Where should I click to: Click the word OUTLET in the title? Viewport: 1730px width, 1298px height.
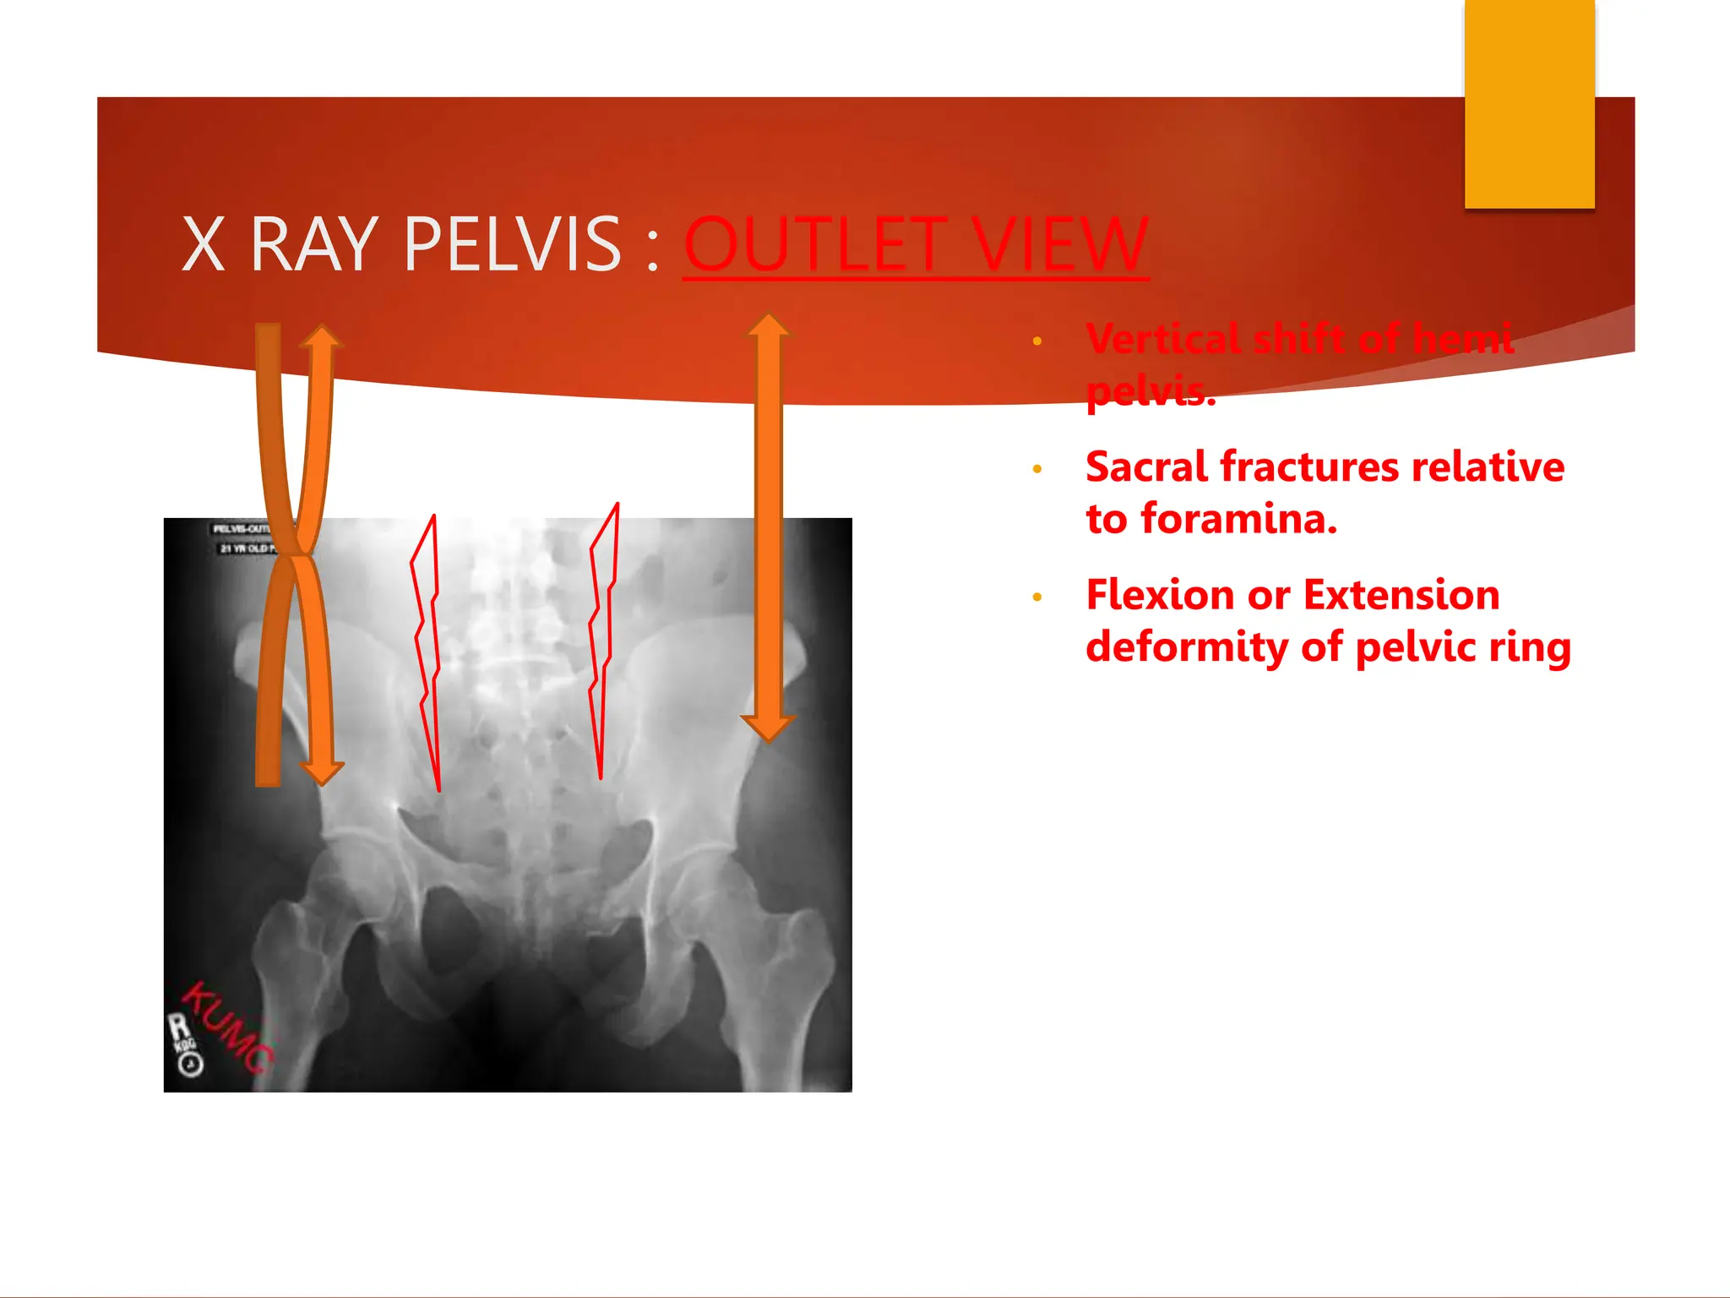click(x=816, y=245)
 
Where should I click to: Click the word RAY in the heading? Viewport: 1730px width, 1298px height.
click(x=313, y=245)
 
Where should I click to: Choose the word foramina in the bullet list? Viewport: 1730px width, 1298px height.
click(x=1238, y=519)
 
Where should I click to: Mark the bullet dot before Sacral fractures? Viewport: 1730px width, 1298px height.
click(x=1037, y=469)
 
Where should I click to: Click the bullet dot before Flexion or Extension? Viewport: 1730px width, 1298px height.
click(x=1037, y=597)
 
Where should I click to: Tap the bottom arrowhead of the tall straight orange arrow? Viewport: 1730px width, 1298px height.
click(x=768, y=727)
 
